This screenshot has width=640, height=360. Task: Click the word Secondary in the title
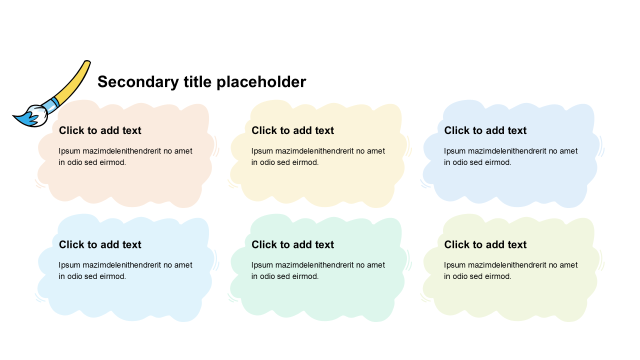click(138, 82)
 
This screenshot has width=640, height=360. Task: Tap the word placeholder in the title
click(261, 81)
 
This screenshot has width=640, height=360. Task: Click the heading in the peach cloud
click(100, 130)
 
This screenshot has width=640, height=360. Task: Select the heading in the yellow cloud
click(292, 130)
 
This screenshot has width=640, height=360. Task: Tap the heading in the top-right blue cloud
click(485, 130)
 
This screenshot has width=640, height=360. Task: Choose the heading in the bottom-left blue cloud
click(100, 244)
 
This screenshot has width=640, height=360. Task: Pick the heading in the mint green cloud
click(292, 244)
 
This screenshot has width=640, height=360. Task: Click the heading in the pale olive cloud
click(485, 244)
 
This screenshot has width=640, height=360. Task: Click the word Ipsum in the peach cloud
click(69, 151)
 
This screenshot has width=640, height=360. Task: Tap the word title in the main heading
click(197, 81)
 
